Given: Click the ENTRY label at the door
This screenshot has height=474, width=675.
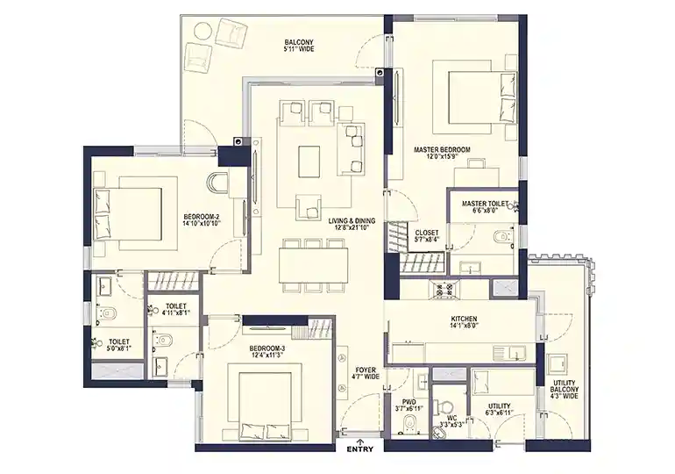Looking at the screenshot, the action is click(x=360, y=449).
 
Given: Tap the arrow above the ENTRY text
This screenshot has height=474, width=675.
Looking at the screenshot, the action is click(x=360, y=442).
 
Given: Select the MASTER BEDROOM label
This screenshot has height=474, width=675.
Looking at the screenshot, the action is click(x=442, y=153).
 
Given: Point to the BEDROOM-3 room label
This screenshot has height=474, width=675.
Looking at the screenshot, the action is click(x=266, y=352).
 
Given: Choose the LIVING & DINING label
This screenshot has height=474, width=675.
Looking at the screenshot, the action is click(x=352, y=224).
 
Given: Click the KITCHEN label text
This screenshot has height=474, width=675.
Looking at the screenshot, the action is click(x=463, y=322).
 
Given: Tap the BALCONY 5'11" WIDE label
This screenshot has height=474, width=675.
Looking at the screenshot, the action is click(x=299, y=46).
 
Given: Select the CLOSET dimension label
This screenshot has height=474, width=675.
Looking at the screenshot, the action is click(x=427, y=236).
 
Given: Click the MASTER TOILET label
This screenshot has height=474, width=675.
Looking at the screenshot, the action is click(x=485, y=207).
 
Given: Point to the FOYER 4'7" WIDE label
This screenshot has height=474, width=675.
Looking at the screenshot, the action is click(x=366, y=373).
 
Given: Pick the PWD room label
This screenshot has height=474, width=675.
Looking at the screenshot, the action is click(x=409, y=405).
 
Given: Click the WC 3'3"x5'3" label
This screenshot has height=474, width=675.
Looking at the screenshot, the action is click(x=451, y=421).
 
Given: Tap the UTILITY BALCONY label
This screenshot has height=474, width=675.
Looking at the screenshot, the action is click(x=564, y=389).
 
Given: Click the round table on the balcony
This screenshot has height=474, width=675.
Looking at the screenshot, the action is click(x=202, y=32).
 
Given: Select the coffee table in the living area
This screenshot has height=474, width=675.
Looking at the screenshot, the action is click(x=309, y=162).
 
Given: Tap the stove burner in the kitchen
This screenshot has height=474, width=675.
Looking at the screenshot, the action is click(x=444, y=289).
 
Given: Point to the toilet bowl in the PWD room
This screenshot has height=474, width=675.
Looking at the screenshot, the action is click(x=409, y=423).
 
